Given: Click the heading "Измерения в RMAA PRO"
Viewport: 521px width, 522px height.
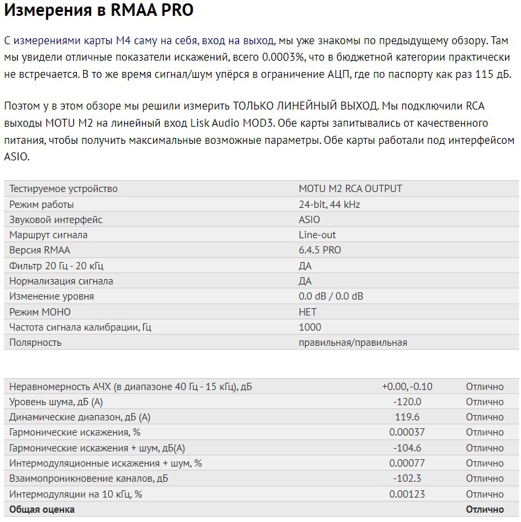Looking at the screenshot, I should pos(99,12).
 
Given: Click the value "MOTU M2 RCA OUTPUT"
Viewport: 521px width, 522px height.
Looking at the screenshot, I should pos(350,189).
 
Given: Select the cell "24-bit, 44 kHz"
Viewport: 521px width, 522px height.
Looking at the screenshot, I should pos(330,205).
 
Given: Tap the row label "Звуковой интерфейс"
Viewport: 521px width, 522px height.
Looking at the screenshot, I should pos(55,220).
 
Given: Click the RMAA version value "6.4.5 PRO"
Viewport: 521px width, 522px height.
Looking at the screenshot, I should pos(320,250).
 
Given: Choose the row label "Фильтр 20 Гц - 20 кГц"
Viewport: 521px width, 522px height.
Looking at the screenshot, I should pos(56,266).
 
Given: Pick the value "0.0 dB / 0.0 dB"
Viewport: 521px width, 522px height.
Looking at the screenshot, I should pos(330,296).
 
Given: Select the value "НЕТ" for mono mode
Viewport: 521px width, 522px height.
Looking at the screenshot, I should pos(308,312).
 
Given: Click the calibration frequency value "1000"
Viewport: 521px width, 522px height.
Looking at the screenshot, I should pos(310,327).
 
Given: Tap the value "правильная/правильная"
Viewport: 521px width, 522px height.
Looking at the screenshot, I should pos(353,343).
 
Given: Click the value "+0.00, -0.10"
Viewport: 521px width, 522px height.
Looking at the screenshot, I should pos(407,387).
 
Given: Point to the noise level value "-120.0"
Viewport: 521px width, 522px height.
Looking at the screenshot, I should pos(407,402).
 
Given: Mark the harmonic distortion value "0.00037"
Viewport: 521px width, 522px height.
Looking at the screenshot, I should pos(407,432).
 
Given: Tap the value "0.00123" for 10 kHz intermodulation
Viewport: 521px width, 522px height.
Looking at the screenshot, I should pos(407,494).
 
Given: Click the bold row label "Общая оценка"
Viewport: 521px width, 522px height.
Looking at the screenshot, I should pos(42,509).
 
